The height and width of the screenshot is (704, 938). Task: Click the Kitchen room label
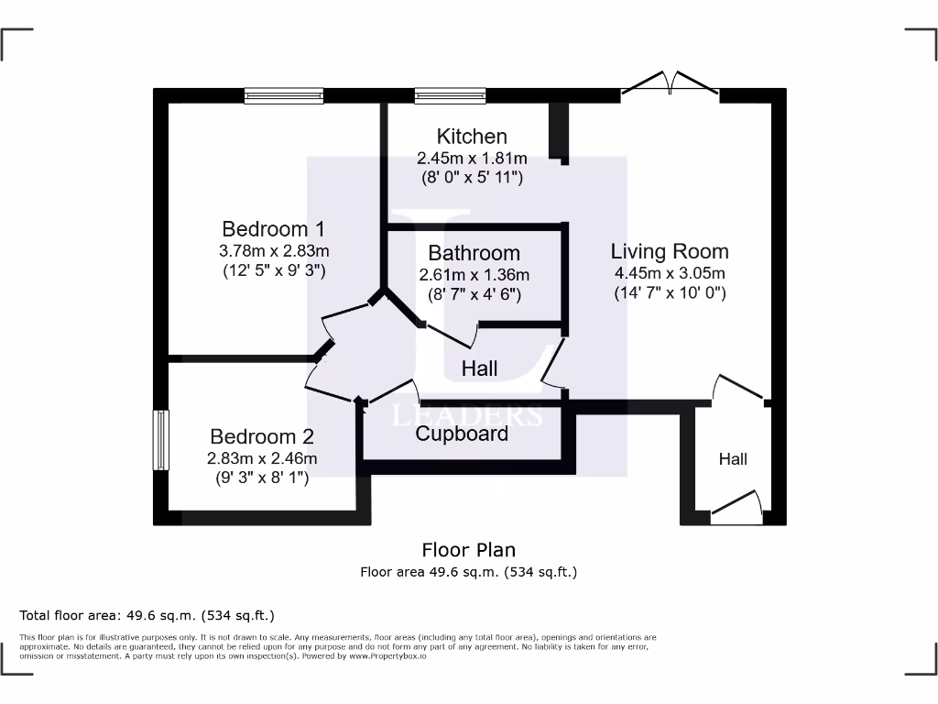point(472,137)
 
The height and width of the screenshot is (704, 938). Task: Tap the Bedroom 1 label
point(273,229)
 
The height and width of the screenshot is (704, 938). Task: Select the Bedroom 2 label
point(262,437)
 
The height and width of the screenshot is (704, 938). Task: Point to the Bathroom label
point(474,253)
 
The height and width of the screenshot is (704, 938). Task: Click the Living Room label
point(670,251)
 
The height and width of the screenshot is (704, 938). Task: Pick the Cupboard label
point(462,434)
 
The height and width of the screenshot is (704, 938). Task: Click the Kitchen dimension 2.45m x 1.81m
point(472,158)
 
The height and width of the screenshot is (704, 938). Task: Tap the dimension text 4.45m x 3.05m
point(670,273)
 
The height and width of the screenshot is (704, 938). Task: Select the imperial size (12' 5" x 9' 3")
point(274,271)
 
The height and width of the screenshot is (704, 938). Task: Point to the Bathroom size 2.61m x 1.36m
point(474,275)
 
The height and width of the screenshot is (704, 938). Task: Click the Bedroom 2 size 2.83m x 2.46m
point(263,458)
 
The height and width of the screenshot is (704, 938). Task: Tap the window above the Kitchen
point(450,94)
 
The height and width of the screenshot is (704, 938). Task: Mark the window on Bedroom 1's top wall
point(284,94)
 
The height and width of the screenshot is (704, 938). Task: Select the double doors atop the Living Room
point(671,85)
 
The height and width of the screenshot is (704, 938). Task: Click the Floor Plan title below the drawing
point(468,550)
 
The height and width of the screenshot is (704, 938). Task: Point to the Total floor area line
point(147,615)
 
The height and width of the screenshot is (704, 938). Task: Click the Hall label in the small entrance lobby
point(733,459)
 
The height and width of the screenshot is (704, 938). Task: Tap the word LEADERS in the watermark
point(467,415)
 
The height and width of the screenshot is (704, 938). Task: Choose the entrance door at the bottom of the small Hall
point(736,507)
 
